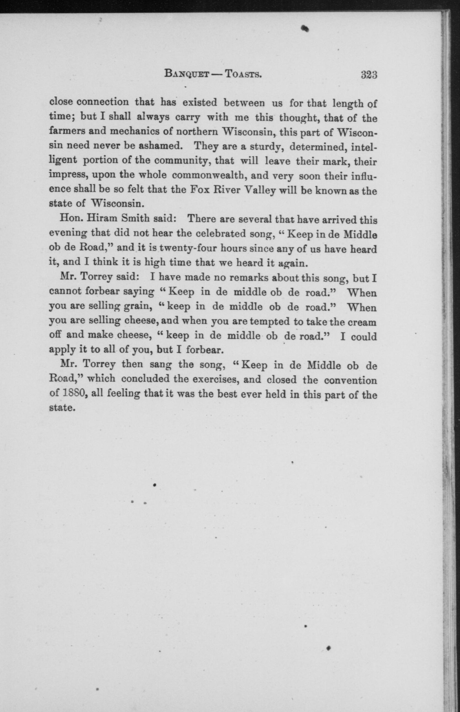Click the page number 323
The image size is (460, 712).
(x=369, y=74)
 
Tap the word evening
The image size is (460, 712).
(x=68, y=234)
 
